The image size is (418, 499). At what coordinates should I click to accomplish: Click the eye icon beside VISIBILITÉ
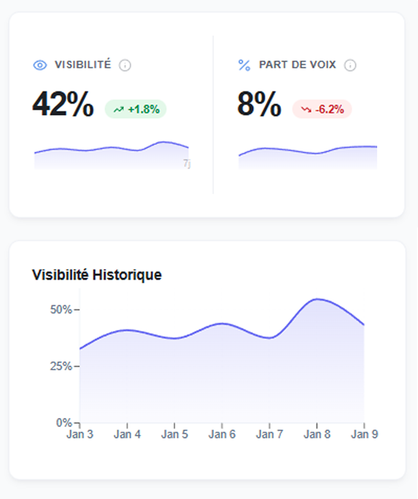pos(40,65)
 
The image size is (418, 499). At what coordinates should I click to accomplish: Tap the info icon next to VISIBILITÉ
pos(125,65)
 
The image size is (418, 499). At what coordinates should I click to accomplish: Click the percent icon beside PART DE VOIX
pos(244,65)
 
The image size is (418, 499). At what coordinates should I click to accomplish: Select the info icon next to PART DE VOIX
pos(350,65)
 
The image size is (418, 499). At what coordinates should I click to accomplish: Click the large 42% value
pos(63,104)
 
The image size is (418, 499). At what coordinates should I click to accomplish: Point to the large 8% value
pos(259,104)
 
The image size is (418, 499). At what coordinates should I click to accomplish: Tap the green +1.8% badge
pos(136,109)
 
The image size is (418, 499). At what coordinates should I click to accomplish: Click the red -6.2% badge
pos(322,109)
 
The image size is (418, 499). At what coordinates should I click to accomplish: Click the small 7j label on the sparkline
pos(186,164)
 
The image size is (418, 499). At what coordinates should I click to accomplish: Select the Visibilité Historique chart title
pos(97,275)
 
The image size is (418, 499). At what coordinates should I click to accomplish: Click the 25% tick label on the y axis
pos(61,366)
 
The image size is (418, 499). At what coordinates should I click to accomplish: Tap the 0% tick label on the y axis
pos(63,422)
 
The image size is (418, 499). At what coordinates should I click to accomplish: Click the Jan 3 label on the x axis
pos(80,435)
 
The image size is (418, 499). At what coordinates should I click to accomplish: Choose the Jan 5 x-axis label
pos(174,435)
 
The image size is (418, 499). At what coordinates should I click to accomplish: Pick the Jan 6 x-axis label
pos(222,435)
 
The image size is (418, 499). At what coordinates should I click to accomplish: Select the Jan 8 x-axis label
pos(316,435)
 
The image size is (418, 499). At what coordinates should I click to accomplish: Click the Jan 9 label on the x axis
pos(364,435)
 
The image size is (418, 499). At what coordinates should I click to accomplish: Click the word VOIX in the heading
pos(324,65)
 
